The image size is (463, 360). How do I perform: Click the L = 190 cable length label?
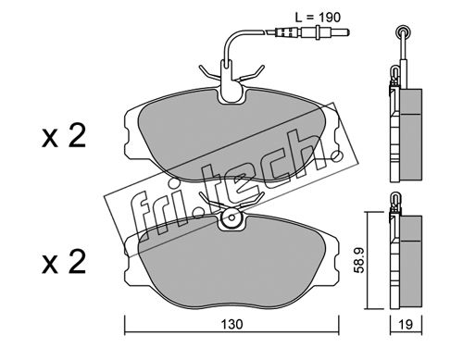point(318,18)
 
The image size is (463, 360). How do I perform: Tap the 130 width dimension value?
point(231,324)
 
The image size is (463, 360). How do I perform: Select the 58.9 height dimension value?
point(359,261)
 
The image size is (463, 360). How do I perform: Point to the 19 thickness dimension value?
point(406,324)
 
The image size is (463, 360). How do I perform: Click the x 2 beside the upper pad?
point(64,136)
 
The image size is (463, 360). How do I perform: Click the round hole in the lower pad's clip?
point(231,217)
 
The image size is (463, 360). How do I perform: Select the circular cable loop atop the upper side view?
point(403,31)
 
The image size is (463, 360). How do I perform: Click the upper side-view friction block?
point(411,134)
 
